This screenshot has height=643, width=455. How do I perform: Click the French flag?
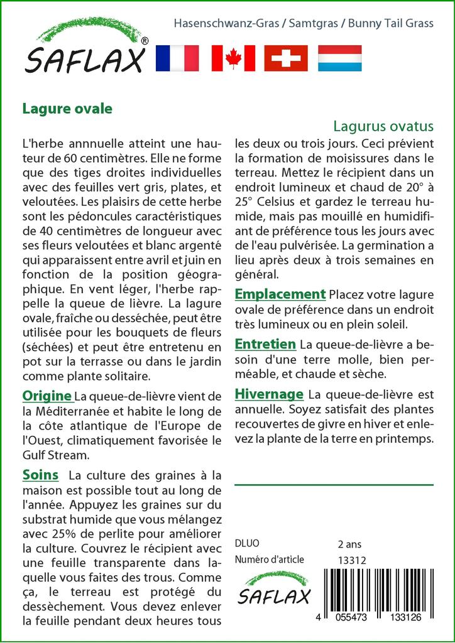pos(177,58)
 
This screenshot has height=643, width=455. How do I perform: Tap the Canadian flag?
pos(233,58)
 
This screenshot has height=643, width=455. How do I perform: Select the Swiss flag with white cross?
pos(286,58)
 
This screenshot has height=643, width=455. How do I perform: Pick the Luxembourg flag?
pos(339,58)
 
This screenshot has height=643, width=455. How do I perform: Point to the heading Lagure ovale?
pos(67,109)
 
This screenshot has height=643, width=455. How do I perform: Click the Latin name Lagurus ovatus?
pos(383,126)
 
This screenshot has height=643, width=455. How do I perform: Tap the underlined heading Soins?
pos(40,475)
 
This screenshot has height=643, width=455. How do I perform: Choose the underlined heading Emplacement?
pos(280,294)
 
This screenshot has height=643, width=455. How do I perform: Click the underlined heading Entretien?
pos(265,344)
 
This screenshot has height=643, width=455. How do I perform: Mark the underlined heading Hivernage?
pos(268,394)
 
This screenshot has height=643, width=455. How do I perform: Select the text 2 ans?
pos(349,544)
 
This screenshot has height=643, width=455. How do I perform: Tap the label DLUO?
pos(246,544)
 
